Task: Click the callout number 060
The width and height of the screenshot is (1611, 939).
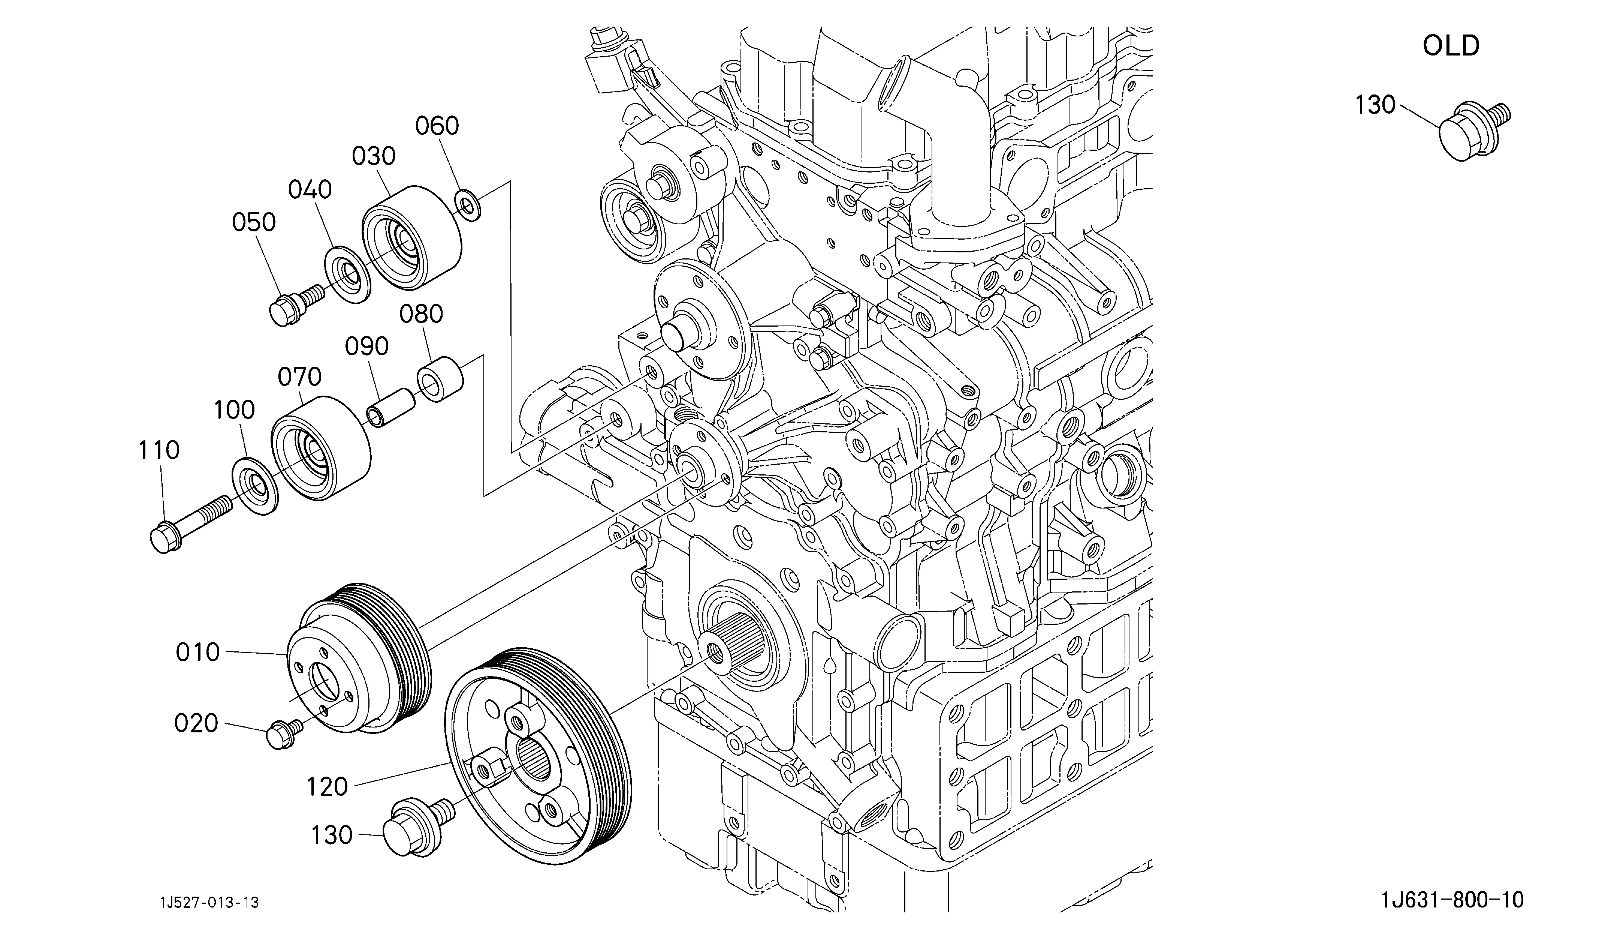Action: coord(437,126)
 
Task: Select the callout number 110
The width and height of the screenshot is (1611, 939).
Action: coord(159,450)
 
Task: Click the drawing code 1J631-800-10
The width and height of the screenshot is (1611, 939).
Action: coord(1452,901)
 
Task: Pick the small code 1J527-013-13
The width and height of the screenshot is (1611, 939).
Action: coord(210,903)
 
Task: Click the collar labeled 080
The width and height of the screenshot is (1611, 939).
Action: coord(440,381)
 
